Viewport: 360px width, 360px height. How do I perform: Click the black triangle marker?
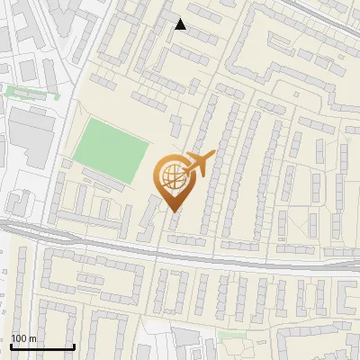tap(181, 24)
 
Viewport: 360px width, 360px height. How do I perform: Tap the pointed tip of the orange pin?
tap(171, 211)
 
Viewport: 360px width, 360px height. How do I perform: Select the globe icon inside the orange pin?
tap(171, 177)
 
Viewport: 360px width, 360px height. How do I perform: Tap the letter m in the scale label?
tap(32, 338)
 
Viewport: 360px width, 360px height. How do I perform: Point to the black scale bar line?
tap(42, 346)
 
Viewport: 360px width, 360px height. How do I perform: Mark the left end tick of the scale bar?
tap(12, 345)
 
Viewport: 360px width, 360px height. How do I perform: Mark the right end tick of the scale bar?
tap(73, 345)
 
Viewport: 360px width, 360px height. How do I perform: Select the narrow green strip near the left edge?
tap(31, 91)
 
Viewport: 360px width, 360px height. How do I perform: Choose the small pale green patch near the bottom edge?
tap(231, 335)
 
